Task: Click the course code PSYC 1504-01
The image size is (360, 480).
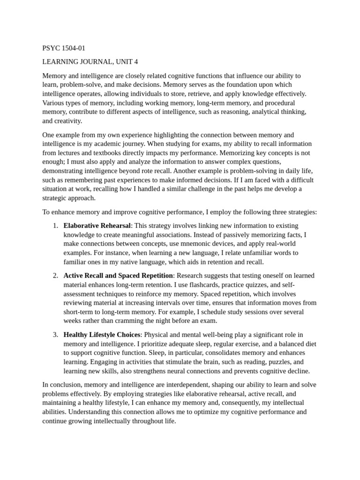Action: [x=64, y=48]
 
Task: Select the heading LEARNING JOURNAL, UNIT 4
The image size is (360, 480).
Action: [x=90, y=62]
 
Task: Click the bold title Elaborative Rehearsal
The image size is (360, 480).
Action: [x=97, y=225]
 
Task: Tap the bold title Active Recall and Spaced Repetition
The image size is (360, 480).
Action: [x=118, y=275]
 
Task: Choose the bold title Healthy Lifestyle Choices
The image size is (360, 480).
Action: [x=102, y=335]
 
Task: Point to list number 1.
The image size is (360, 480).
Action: [x=55, y=225]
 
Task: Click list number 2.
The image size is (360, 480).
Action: [x=55, y=275]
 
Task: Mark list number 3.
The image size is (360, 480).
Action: [x=55, y=335]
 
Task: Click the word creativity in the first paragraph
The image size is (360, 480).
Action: [x=68, y=121]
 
